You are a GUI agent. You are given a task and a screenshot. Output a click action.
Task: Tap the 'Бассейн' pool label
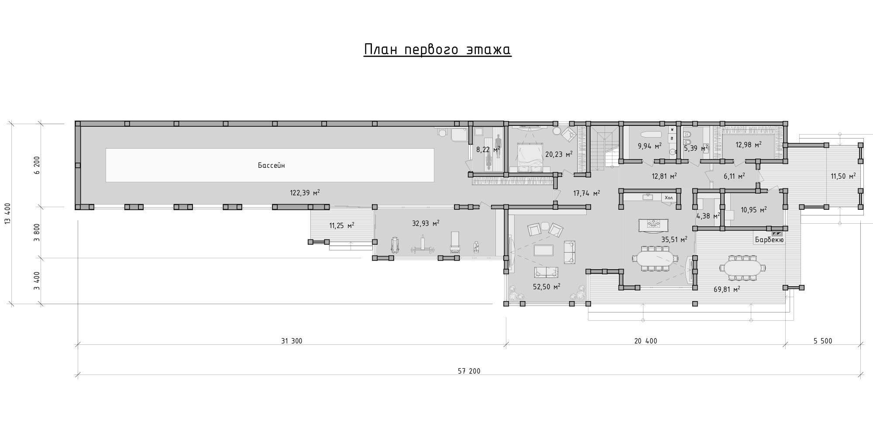point(271,166)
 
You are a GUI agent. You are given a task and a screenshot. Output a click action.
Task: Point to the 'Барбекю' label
point(770,240)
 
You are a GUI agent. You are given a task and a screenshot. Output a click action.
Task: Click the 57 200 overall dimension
point(469,371)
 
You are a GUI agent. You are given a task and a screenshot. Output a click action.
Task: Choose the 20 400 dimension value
point(646,341)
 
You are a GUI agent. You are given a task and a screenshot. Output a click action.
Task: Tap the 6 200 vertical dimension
point(37,166)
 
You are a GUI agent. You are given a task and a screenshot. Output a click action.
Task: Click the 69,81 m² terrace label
point(727,289)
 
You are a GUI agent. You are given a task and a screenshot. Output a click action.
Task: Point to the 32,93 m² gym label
point(426,223)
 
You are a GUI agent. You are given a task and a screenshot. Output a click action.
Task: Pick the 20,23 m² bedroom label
point(559,154)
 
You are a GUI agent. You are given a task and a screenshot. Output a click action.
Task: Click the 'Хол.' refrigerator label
point(669,198)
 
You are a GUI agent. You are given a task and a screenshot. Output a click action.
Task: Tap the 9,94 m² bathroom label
point(650,146)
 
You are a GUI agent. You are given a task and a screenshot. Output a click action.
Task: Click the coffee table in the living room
point(543,250)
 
